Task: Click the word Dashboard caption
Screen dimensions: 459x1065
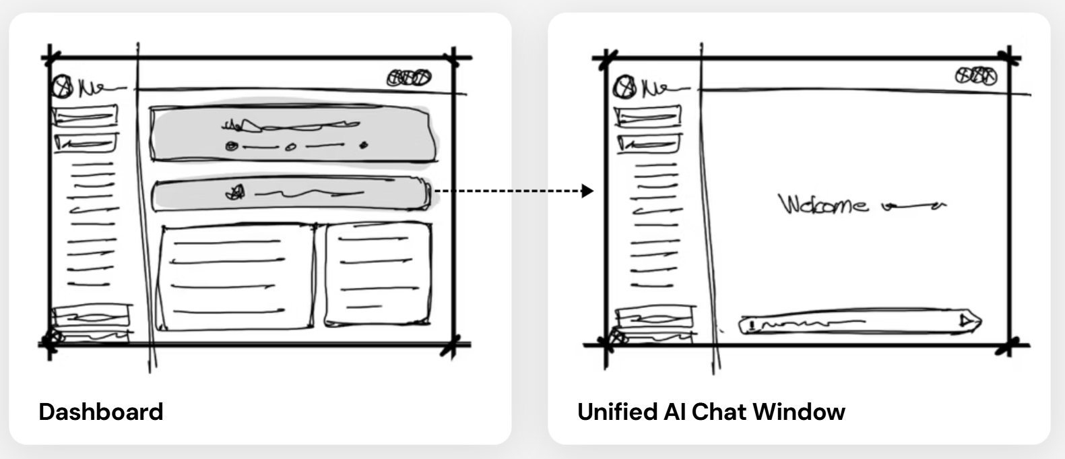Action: point(101,411)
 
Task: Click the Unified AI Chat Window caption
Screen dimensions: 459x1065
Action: point(711,411)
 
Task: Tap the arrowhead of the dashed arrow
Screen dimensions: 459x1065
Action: point(587,191)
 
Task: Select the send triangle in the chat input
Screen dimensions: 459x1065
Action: point(967,321)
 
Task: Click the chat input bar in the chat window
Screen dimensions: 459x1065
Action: point(856,323)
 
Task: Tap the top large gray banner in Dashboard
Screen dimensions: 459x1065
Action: point(293,132)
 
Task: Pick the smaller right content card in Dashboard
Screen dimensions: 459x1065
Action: point(378,274)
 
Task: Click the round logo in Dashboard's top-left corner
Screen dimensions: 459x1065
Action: point(63,86)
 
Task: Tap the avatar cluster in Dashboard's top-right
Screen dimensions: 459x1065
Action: point(408,78)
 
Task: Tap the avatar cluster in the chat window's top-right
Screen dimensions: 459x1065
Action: point(976,76)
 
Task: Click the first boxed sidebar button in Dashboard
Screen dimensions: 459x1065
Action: point(85,117)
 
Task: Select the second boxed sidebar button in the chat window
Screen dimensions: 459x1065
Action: point(648,143)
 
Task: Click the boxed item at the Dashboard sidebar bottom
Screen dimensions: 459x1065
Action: point(91,316)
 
